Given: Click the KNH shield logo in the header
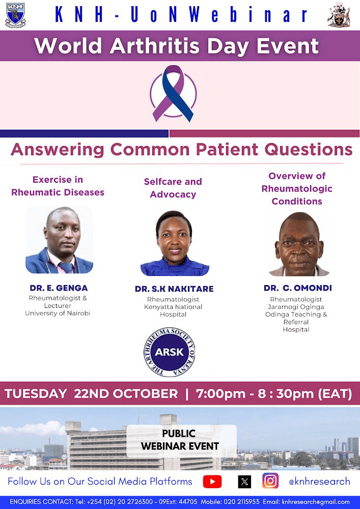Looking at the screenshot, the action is pos(15,15).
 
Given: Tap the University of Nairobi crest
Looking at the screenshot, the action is pos(339,15).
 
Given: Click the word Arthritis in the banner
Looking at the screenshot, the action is pos(154,46).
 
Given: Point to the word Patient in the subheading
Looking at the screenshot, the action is pos(227,150).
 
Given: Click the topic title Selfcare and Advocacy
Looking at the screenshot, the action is pos(173,188).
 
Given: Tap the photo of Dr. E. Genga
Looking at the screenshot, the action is pos(60,240).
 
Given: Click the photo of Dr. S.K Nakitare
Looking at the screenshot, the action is pos(175,243).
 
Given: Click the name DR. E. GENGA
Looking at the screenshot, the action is pos(59,288).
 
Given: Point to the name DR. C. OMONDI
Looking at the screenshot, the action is pos(298,288).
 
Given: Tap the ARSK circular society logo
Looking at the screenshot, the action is pos(169,352).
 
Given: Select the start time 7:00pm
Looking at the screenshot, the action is pos(221,394).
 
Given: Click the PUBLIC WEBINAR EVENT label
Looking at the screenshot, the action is pos(180,440).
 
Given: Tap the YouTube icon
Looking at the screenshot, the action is pos(212,482).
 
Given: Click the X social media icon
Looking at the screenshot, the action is pos(244,482).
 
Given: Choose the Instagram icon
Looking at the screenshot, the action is pos(270,481).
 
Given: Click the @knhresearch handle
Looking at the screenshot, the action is pos(319,482).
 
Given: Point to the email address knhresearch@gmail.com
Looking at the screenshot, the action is pos(316,502).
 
